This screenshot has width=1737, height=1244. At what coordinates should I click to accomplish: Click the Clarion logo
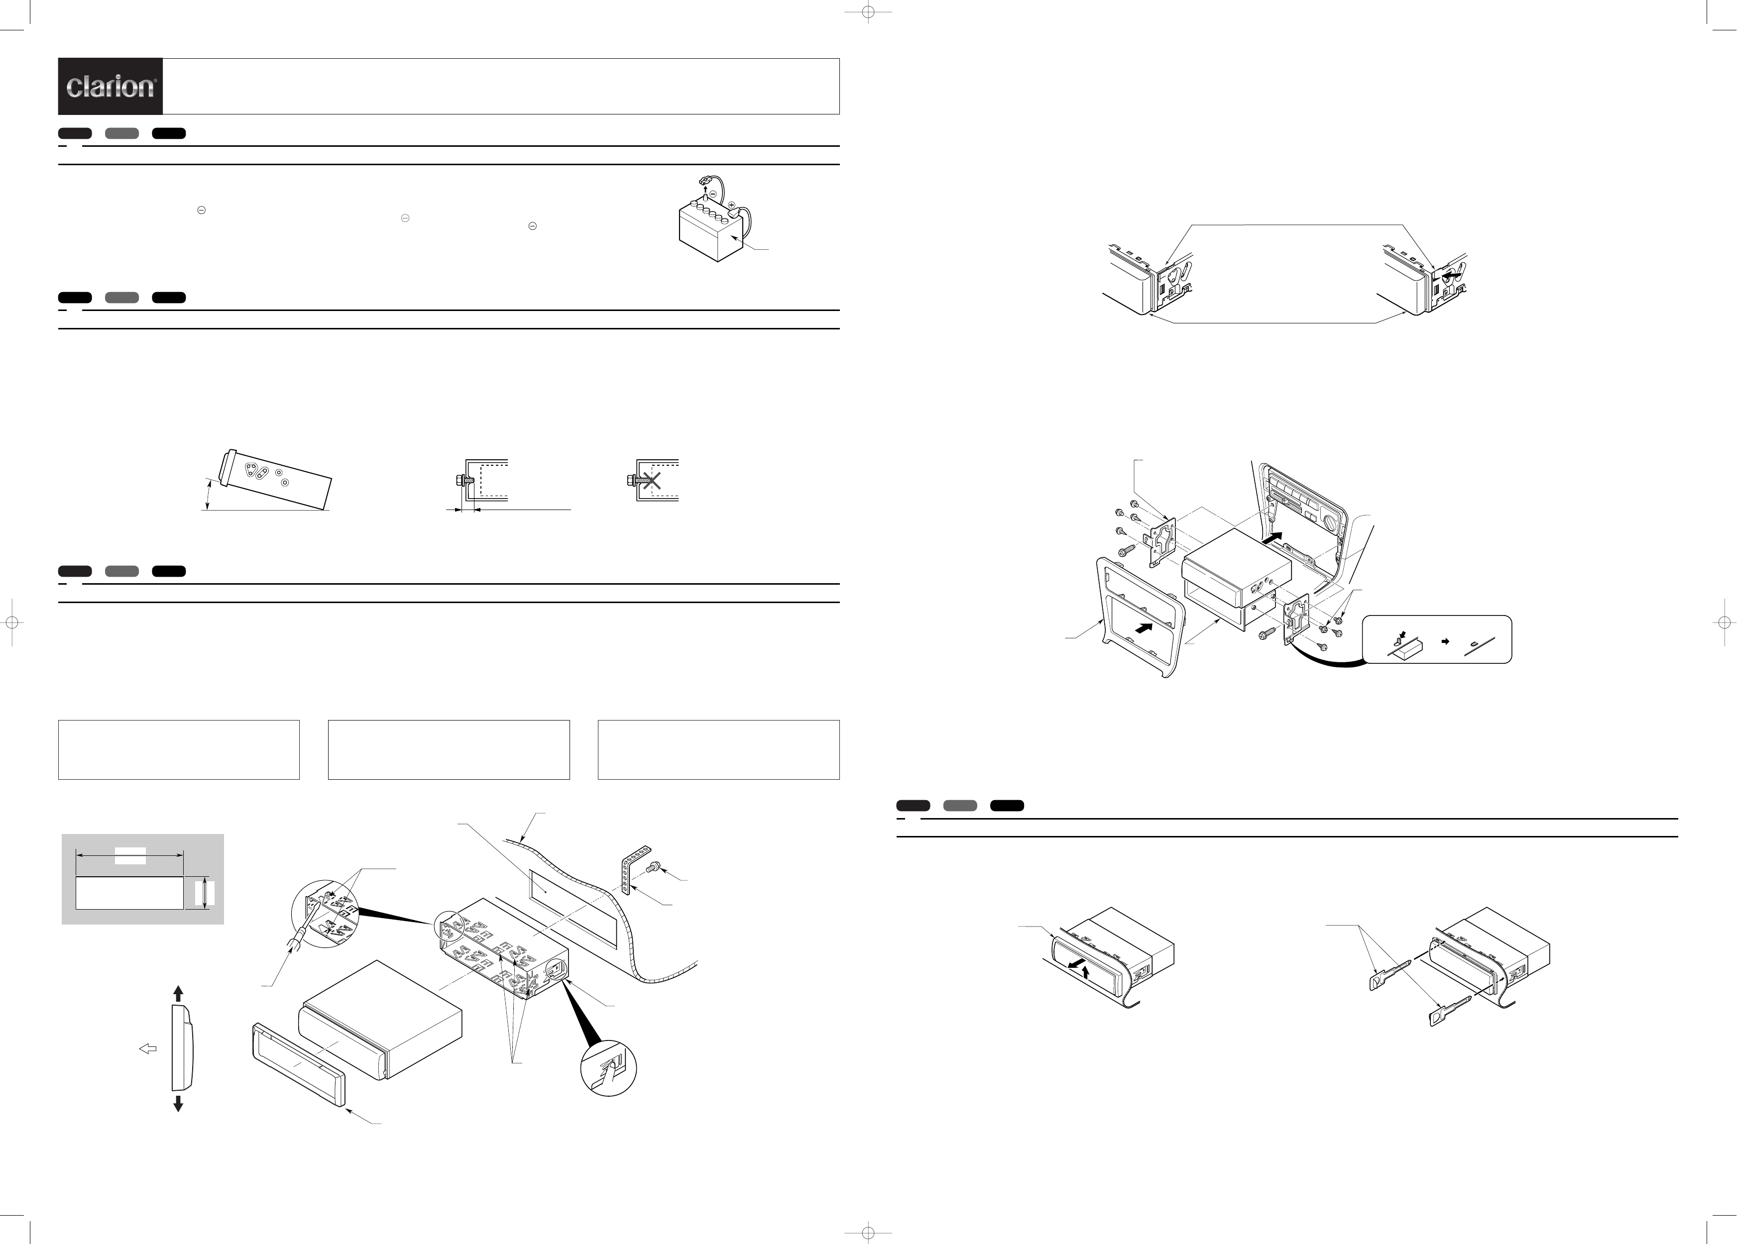pos(111,86)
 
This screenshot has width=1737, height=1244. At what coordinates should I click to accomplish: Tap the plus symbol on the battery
pos(731,205)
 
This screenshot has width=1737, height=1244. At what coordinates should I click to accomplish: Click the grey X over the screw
pos(652,481)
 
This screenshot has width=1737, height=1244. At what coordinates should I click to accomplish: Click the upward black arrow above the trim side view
pos(178,994)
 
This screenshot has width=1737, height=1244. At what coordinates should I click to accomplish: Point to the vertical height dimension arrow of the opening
pos(205,893)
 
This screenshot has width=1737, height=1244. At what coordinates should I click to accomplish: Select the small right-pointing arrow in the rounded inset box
pos(1445,641)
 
